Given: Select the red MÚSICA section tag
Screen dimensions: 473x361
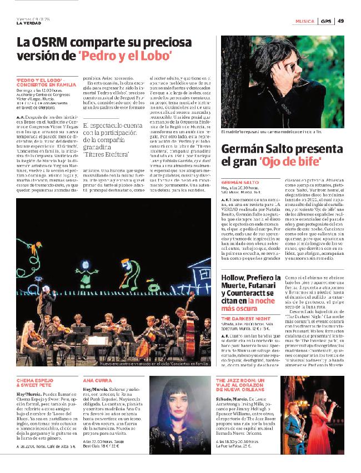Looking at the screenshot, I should [304, 21].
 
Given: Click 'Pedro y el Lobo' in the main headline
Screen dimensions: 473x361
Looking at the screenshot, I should [126, 56].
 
